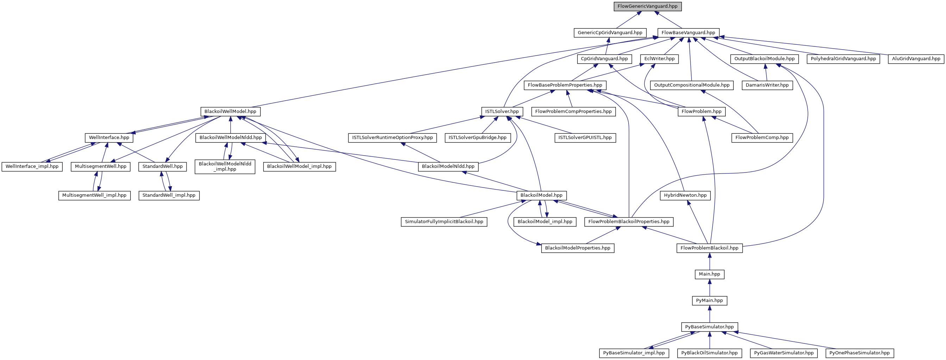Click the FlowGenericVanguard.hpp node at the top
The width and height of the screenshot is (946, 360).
coord(648,7)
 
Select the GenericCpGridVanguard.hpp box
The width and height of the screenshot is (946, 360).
coord(610,33)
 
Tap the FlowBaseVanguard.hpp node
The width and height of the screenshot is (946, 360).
coord(688,33)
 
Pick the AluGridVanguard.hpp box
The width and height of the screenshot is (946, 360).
coord(916,59)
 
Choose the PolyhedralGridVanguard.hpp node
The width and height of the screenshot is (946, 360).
coord(843,59)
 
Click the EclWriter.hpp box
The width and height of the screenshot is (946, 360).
coord(660,59)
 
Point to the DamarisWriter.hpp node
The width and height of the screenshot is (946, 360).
coord(767,85)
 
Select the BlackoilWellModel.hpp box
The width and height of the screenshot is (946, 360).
coord(230,111)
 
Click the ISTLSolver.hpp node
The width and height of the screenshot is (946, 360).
coord(502,111)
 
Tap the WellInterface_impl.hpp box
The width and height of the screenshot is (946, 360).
coord(32,166)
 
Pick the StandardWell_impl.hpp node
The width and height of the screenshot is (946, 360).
coord(169,195)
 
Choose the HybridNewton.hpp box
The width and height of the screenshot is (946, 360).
coord(685,195)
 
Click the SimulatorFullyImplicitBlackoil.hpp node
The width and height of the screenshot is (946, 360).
coord(444,222)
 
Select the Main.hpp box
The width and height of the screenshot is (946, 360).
coord(709,274)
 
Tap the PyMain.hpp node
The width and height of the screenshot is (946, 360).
coord(709,301)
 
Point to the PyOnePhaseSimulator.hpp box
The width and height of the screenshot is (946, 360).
coord(859,353)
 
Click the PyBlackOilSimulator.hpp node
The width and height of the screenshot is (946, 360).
coord(709,353)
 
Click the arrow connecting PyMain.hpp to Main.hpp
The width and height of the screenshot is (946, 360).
coord(709,287)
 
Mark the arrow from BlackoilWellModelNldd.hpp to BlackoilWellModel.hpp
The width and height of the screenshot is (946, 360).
coord(230,125)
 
